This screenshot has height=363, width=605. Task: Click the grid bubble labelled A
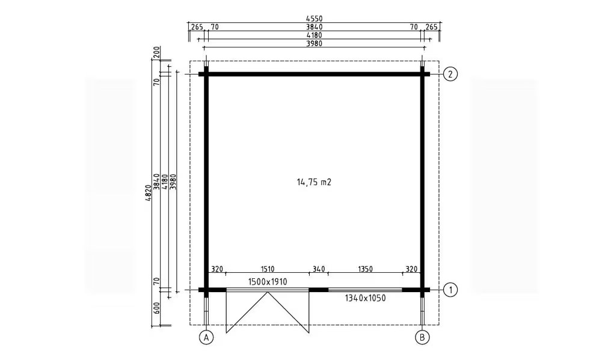click(x=206, y=338)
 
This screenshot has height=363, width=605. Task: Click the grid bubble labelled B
click(x=422, y=338)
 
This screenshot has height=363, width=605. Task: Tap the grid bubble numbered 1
click(x=450, y=290)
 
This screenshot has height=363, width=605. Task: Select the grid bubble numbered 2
click(x=450, y=74)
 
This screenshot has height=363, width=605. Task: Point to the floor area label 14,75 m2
click(x=314, y=182)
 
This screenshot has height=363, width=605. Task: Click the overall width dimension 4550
click(x=314, y=19)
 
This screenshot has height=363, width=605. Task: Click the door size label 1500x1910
click(x=268, y=282)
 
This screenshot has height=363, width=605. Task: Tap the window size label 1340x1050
click(x=365, y=298)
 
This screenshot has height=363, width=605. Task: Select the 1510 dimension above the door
click(x=268, y=269)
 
